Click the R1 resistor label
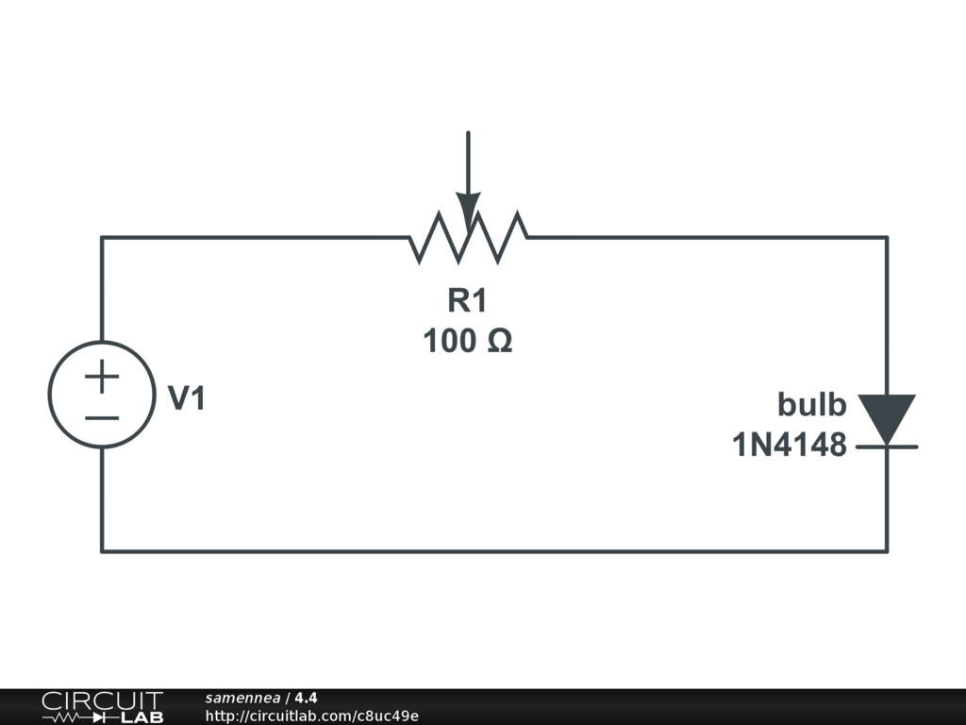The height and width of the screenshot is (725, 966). click(x=467, y=301)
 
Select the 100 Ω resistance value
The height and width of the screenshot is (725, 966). click(x=467, y=341)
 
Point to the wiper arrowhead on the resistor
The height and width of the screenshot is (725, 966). click(x=468, y=211)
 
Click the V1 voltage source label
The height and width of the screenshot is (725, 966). click(x=187, y=399)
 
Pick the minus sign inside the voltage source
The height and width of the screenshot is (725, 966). click(x=102, y=417)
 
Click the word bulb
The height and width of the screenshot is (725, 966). click(x=811, y=405)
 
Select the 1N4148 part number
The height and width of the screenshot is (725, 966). click(x=790, y=445)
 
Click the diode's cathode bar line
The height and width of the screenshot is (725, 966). click(x=887, y=446)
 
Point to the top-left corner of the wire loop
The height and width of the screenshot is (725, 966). click(x=102, y=237)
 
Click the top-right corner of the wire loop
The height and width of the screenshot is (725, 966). click(x=887, y=237)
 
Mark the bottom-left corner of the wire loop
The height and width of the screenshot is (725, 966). click(x=102, y=550)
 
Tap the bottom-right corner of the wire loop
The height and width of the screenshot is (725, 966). click(x=887, y=550)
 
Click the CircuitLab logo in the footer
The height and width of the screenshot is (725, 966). click(x=102, y=707)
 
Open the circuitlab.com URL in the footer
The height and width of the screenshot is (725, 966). click(x=311, y=716)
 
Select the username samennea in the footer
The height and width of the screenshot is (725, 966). click(x=242, y=698)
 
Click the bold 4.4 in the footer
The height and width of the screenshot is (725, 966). click(x=306, y=698)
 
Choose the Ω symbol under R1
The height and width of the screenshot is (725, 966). click(x=500, y=341)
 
